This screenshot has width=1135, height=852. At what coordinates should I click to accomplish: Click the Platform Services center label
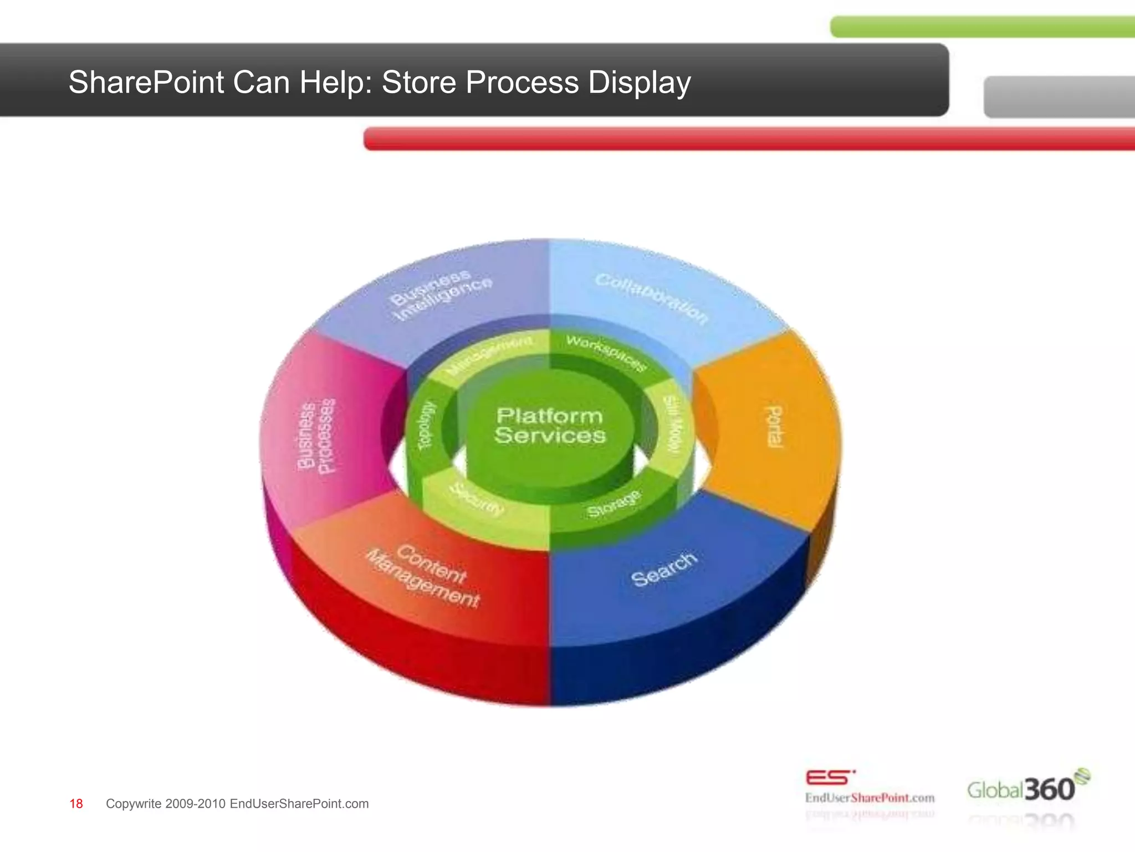coord(550,425)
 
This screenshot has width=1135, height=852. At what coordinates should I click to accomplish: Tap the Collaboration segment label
coord(652,298)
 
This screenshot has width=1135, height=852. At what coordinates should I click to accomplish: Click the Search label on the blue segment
coord(664,569)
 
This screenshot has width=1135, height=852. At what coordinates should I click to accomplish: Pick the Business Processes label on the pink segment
coord(316,436)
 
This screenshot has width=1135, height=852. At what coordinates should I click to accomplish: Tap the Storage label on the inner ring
coord(614,503)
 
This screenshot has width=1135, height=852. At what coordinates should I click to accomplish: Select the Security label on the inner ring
coord(477,499)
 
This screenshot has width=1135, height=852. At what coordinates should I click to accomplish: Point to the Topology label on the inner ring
coord(426,425)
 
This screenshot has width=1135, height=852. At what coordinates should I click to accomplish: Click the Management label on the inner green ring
coord(490,354)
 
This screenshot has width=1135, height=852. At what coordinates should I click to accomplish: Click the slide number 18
coord(76,804)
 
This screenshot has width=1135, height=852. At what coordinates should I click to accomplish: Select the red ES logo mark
coord(830,778)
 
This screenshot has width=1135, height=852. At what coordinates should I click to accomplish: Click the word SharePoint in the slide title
coord(146,83)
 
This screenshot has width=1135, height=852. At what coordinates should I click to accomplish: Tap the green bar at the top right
coord(981,27)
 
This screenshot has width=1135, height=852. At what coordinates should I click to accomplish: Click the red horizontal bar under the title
coord(748,138)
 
